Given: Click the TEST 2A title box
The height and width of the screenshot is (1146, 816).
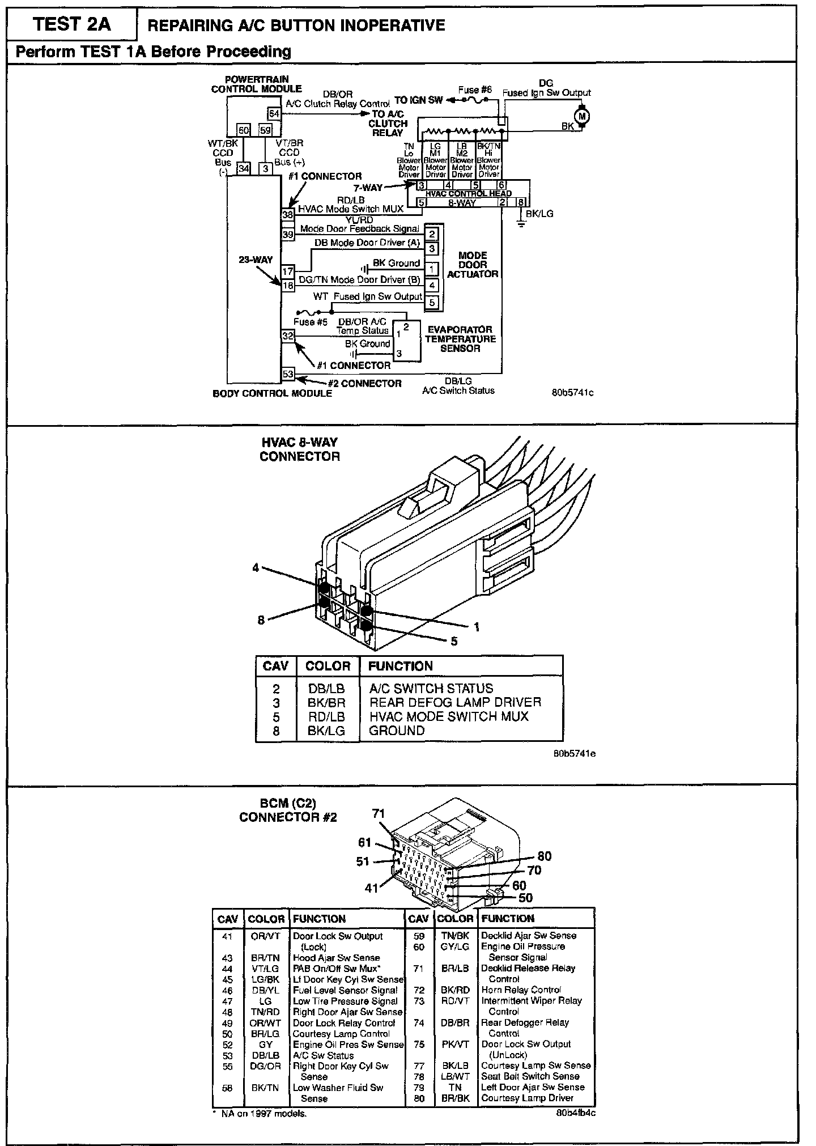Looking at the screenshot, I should (x=72, y=24).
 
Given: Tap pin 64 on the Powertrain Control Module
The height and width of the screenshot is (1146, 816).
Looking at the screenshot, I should (x=274, y=113).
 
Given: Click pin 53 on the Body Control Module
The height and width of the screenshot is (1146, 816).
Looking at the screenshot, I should (x=288, y=373).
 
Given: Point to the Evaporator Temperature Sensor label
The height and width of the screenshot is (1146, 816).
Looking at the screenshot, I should (x=460, y=339).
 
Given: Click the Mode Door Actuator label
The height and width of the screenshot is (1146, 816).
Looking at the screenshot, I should (x=473, y=265).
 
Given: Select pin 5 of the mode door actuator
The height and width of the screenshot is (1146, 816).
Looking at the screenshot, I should (x=432, y=302).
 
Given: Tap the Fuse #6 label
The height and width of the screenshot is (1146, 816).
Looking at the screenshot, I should (x=474, y=90).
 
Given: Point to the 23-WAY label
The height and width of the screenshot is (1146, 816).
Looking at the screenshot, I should (x=256, y=260).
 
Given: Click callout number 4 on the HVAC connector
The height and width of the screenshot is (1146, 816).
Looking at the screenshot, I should (x=256, y=567).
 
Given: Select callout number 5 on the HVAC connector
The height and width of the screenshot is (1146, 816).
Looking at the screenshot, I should (x=454, y=642).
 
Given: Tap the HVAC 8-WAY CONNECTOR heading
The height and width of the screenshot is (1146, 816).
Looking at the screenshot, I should (x=299, y=449).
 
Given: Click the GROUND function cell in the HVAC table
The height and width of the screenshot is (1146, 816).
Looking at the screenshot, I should (x=397, y=731).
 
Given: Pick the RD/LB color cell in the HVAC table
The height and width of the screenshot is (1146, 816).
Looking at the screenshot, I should (x=326, y=716).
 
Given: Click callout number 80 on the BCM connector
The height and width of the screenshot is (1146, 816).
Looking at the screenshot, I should (x=544, y=856).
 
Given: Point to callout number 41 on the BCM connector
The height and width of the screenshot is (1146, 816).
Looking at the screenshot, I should (x=371, y=888).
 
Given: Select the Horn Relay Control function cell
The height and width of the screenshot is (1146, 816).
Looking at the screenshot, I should (x=521, y=990).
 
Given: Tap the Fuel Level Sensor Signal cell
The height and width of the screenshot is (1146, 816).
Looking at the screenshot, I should (x=345, y=990).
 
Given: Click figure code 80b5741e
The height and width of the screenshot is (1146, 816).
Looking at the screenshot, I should (x=574, y=754).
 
